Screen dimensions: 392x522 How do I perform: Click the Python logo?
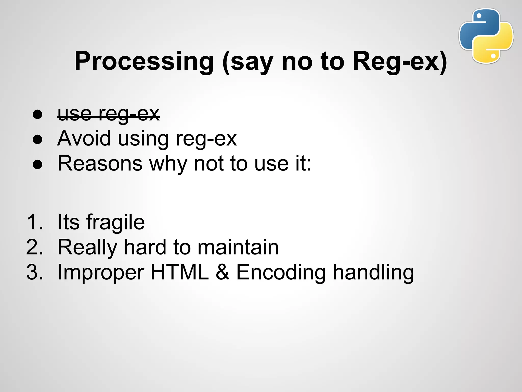coord(486,36)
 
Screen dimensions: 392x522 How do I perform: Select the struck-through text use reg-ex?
coord(109,114)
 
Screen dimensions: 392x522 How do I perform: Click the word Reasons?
coord(100,163)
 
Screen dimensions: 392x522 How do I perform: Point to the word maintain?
coord(238,247)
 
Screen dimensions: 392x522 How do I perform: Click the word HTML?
coord(180,272)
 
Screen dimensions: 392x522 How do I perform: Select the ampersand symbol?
coord(223,272)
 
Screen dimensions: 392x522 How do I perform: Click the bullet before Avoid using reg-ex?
coord(37,140)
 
